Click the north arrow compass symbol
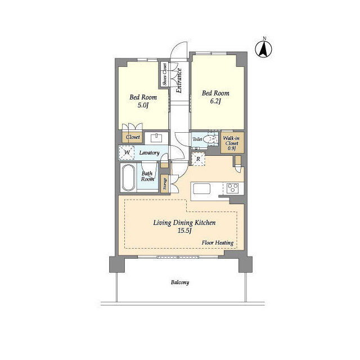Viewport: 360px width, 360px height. tap(264, 48)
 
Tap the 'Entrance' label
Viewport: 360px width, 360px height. tap(179, 80)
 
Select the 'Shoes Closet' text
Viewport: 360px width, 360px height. tap(165, 75)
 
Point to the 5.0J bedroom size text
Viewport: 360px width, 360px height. tap(143, 105)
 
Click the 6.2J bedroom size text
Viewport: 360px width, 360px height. tap(215, 101)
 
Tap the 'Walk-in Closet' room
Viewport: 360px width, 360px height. tap(232, 142)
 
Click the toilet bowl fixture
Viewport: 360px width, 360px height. tap(208, 139)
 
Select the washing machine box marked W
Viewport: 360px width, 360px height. tap(127, 152)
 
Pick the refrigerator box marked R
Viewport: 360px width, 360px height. tap(198, 159)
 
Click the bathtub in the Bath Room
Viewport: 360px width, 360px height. tap(128, 178)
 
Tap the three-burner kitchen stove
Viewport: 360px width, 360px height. tap(232, 188)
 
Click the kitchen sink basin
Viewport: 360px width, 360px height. tap(201, 189)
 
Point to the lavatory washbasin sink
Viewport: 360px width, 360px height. tap(156, 138)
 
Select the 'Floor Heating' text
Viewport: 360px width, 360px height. tap(218, 242)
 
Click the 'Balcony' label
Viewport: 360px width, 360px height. tap(180, 282)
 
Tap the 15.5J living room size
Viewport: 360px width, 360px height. tap(184, 231)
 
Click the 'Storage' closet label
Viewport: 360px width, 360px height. tap(165, 184)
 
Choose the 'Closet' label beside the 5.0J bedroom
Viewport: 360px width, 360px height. tap(133, 137)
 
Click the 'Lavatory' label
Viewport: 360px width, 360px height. tap(149, 152)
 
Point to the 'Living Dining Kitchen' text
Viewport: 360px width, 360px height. tap(184, 223)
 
